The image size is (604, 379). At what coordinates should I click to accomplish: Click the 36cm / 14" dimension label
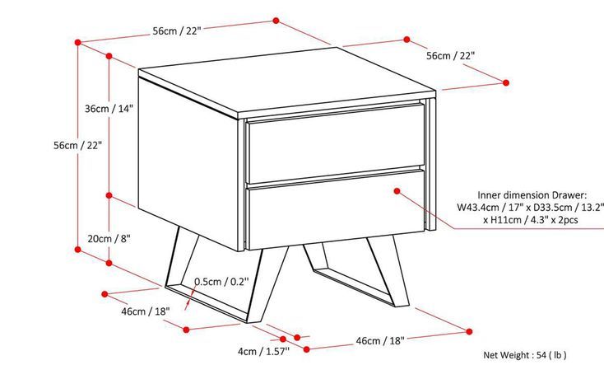pyautogui.click(x=109, y=108)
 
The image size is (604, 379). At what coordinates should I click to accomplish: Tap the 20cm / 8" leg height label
pyautogui.click(x=109, y=239)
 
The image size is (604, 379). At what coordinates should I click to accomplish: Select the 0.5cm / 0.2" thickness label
pyautogui.click(x=221, y=282)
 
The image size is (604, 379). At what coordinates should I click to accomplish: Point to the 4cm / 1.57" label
pyautogui.click(x=263, y=351)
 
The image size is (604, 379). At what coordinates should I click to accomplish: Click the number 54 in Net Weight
pyautogui.click(x=541, y=355)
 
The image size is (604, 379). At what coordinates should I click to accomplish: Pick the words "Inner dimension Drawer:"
pyautogui.click(x=532, y=195)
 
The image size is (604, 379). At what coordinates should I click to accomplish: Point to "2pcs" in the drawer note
pyautogui.click(x=568, y=220)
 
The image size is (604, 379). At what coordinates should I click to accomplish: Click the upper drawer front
pyautogui.click(x=336, y=143)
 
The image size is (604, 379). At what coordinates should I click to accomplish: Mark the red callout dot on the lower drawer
pyautogui.click(x=397, y=191)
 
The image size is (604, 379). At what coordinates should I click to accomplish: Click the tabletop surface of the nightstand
pyautogui.click(x=287, y=82)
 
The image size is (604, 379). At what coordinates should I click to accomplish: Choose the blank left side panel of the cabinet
pyautogui.click(x=188, y=162)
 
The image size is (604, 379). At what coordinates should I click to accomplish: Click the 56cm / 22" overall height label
pyautogui.click(x=78, y=145)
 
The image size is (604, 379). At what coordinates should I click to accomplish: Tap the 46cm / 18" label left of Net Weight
pyautogui.click(x=380, y=341)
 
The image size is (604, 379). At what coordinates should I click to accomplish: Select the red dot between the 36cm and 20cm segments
pyautogui.click(x=109, y=195)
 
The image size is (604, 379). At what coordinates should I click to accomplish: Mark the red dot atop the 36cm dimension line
pyautogui.click(x=109, y=56)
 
